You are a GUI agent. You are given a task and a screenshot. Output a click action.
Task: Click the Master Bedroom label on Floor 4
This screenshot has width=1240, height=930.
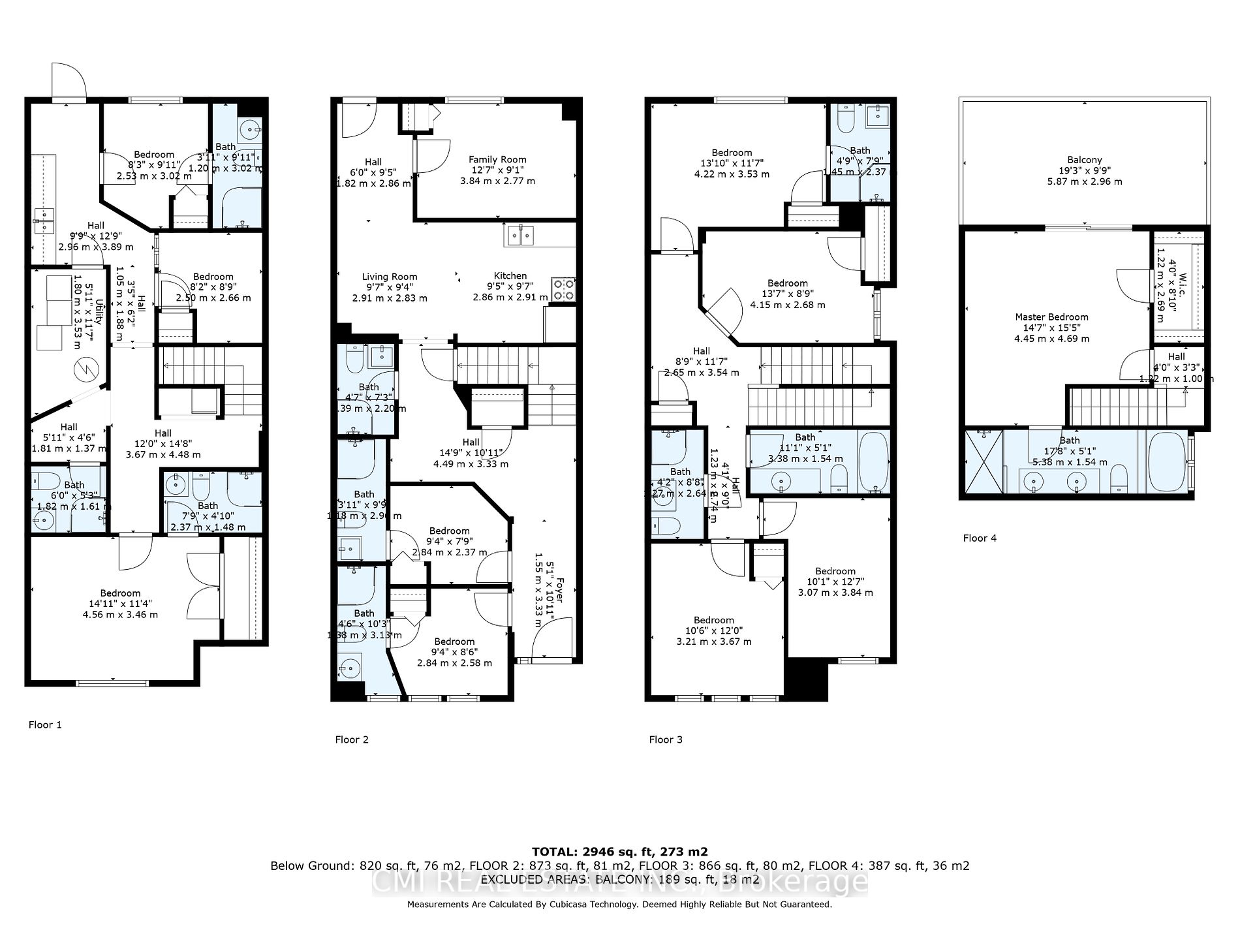[x=1051, y=317]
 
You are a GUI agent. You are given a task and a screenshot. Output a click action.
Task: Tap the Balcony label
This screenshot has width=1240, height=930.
[x=1085, y=160]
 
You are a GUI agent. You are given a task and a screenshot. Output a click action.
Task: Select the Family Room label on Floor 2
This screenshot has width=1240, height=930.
[x=497, y=159]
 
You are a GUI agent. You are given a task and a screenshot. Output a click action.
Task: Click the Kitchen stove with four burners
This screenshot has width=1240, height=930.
[x=564, y=289]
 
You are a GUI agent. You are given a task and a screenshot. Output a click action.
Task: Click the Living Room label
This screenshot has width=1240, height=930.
[x=390, y=277]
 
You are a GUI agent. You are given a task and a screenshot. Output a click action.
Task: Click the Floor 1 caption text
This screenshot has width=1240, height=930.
[x=45, y=724]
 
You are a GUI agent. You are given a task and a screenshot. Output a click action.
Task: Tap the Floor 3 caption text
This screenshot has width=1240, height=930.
[x=666, y=739]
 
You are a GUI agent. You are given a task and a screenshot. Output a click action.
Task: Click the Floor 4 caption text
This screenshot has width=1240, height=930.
[x=980, y=538]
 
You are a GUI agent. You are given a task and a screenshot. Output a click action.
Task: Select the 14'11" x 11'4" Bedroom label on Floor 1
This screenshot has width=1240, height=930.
[x=120, y=593]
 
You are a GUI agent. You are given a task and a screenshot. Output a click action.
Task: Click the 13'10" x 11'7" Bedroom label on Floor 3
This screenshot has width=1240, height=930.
[x=732, y=153]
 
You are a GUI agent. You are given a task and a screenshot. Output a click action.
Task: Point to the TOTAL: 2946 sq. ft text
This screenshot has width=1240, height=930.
[x=619, y=852]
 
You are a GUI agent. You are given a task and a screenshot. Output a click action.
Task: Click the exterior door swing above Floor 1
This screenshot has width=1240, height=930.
[x=69, y=81]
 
